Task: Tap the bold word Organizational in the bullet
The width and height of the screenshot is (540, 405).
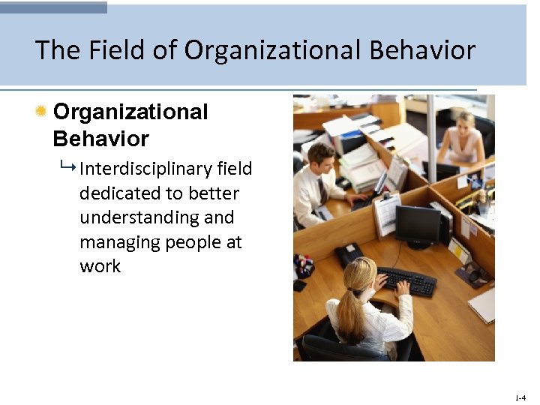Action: pos(130,112)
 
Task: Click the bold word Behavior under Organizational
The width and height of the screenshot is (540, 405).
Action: pos(100,139)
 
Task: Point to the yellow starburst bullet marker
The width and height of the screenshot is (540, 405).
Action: pos(41,112)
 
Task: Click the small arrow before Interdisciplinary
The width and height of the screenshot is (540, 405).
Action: pos(70,168)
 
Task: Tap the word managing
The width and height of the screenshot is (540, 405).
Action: pos(118,242)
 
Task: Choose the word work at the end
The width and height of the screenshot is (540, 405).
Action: pos(100,266)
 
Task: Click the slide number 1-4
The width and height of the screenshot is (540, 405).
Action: pos(520,397)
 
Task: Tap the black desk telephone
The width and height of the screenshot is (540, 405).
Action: pos(348,254)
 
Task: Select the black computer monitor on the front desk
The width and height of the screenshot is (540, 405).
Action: pos(418,226)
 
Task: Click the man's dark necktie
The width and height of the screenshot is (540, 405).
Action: pos(322,190)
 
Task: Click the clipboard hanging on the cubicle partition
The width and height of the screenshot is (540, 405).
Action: pos(386,213)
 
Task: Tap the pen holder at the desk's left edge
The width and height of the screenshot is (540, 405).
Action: pos(303,266)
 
